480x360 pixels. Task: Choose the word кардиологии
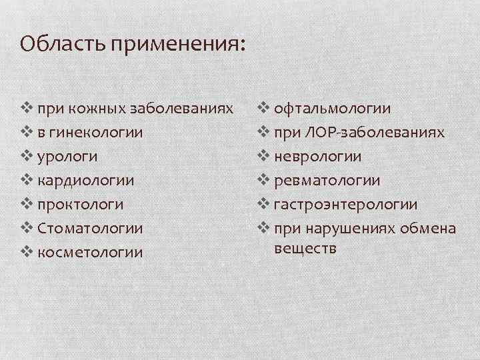86,181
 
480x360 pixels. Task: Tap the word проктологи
81,205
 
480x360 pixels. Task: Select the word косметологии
91,252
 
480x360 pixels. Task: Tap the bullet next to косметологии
26,251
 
